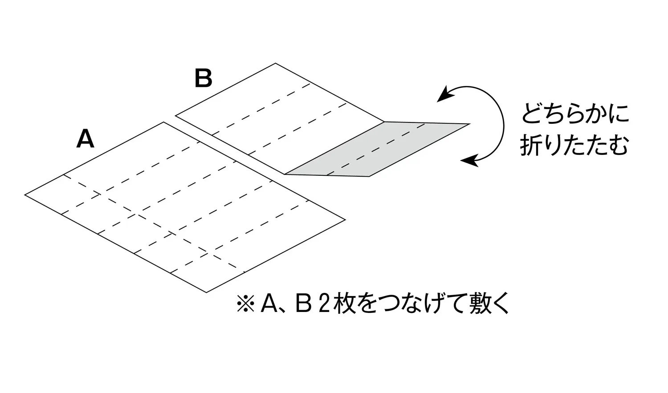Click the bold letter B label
(204, 78)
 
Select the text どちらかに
(575, 113)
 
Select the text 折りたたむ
(574, 145)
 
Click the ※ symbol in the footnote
(245, 304)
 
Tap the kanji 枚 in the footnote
(345, 304)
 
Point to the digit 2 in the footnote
(324, 304)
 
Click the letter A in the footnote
(269, 304)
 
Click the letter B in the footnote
(304, 304)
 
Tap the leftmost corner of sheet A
(25, 195)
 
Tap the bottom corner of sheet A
(206, 292)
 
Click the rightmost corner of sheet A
(345, 220)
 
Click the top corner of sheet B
(275, 63)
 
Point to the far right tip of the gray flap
(470, 124)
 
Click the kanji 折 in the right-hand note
(531, 145)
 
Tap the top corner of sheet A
(164, 122)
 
